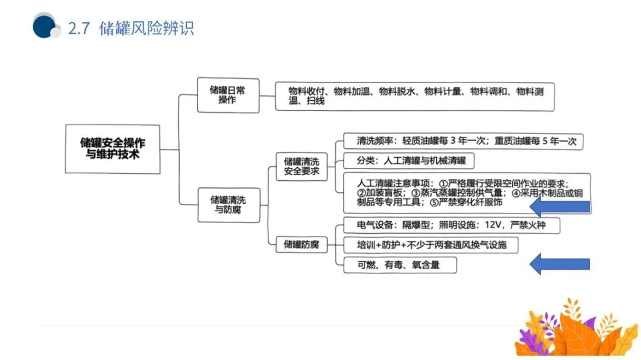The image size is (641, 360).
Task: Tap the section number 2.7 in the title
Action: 79,28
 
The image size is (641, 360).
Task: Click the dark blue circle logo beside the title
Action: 44,27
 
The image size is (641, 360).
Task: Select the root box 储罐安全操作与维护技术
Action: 112,149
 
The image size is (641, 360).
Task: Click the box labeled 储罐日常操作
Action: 228,95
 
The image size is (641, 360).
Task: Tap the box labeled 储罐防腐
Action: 302,244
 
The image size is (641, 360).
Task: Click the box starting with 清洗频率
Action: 464,142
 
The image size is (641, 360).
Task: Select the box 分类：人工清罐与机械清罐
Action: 409,161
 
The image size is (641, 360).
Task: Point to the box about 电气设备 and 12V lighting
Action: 451,225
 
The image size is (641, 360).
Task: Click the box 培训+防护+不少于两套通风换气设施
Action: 431,244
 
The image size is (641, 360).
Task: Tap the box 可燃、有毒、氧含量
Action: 399,265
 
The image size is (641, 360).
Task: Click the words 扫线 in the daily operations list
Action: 315,101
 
